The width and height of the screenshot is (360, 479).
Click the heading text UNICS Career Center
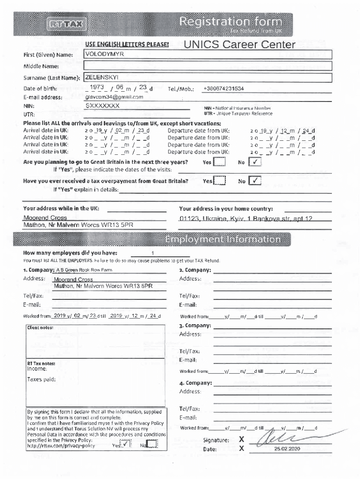click(240, 45)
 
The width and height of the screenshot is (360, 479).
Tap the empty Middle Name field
click(208, 66)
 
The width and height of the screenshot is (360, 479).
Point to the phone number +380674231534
click(223, 88)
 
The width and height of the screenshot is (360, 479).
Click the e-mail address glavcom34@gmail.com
click(114, 97)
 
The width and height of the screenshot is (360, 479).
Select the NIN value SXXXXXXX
click(102, 106)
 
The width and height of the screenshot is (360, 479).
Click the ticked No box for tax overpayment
click(255, 181)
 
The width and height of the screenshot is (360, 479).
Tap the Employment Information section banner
click(223, 240)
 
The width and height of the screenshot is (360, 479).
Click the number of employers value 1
click(140, 253)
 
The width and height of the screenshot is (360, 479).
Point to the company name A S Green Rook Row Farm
click(84, 270)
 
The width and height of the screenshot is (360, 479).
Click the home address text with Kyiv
click(246, 218)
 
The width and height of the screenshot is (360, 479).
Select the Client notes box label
click(40, 328)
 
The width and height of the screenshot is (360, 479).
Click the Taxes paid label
click(41, 379)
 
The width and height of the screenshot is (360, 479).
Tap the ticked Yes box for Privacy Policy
click(125, 445)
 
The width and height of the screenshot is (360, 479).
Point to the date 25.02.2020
click(287, 449)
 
